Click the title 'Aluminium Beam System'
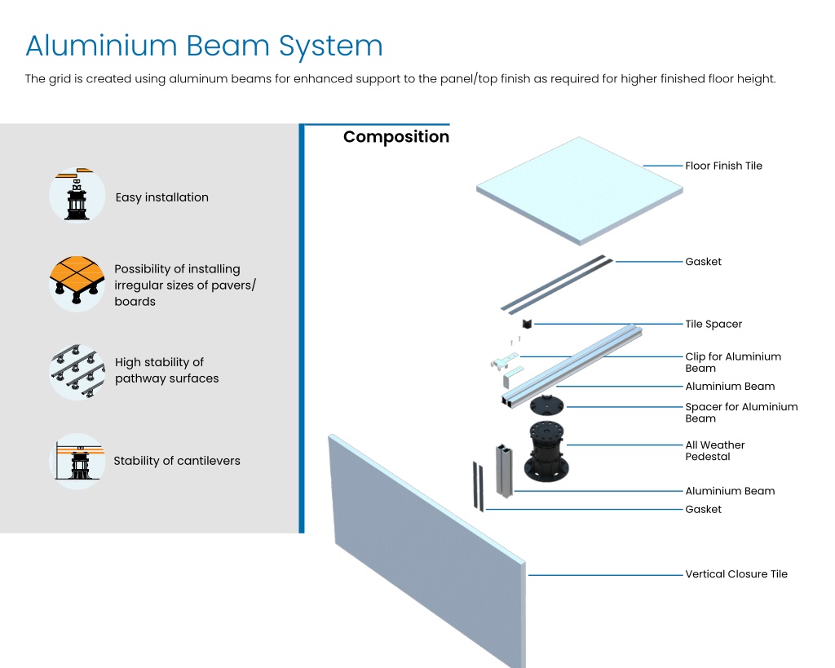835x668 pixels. coord(205,46)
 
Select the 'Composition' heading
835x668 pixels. coord(396,137)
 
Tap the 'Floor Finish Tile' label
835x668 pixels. coord(723,166)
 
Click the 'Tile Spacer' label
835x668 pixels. coord(713,324)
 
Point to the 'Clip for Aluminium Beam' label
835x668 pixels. coord(733,362)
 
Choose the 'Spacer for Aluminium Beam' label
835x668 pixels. coord(741,413)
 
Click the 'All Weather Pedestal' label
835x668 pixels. coord(714,451)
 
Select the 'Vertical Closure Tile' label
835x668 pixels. coord(736,573)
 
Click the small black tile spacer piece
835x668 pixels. coord(528,323)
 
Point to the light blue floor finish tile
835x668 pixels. coord(580,191)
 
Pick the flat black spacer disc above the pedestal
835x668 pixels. coord(546,405)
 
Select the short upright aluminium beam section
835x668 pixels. coord(504,471)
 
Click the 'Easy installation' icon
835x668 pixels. coord(77,194)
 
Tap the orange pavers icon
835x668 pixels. coord(77,283)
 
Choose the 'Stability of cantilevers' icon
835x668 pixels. coord(77,461)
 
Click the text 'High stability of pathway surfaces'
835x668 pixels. coord(166,370)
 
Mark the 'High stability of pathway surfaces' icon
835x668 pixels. coord(77,371)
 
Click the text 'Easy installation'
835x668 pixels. coord(162,197)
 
